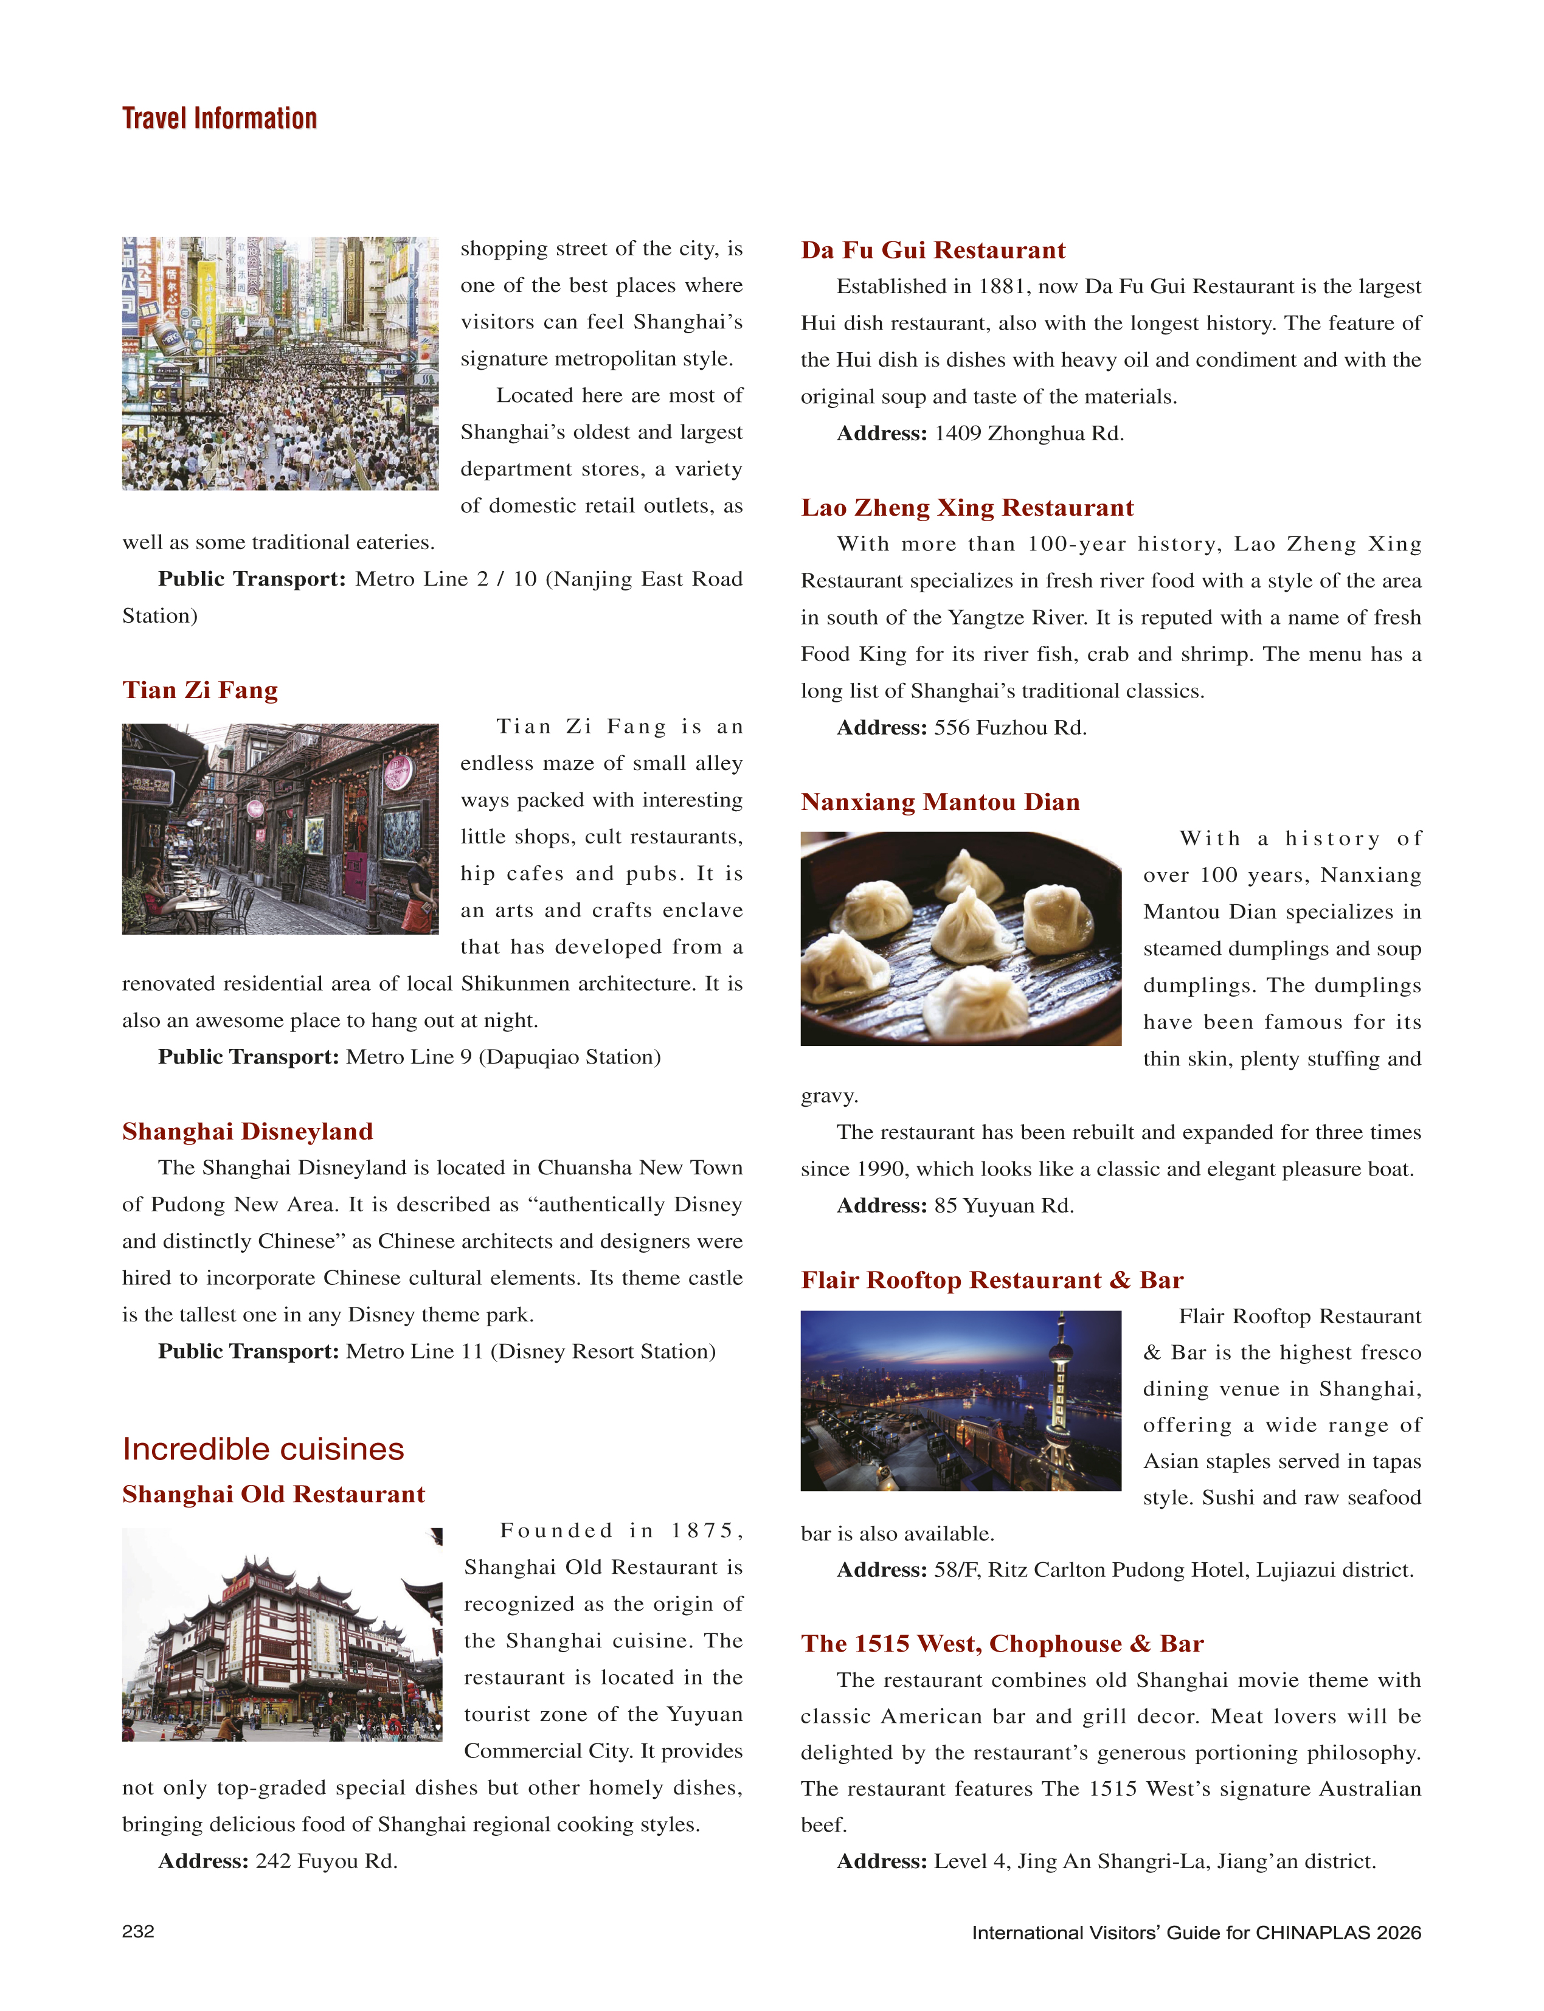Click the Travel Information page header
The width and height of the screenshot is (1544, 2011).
[219, 119]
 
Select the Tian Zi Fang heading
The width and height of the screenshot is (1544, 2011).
[199, 690]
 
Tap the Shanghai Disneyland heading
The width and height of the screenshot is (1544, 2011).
[248, 1132]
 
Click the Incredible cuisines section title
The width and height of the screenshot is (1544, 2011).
[263, 1450]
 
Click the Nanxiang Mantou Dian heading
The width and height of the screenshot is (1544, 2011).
[940, 801]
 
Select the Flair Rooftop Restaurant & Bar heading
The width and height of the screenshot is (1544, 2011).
[992, 1279]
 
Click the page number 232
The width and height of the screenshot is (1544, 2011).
[138, 1931]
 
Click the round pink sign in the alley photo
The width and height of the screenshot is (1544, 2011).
[398, 772]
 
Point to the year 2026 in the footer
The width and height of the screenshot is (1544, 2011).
[1398, 1933]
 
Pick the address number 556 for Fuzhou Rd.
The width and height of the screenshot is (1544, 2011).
[952, 728]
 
